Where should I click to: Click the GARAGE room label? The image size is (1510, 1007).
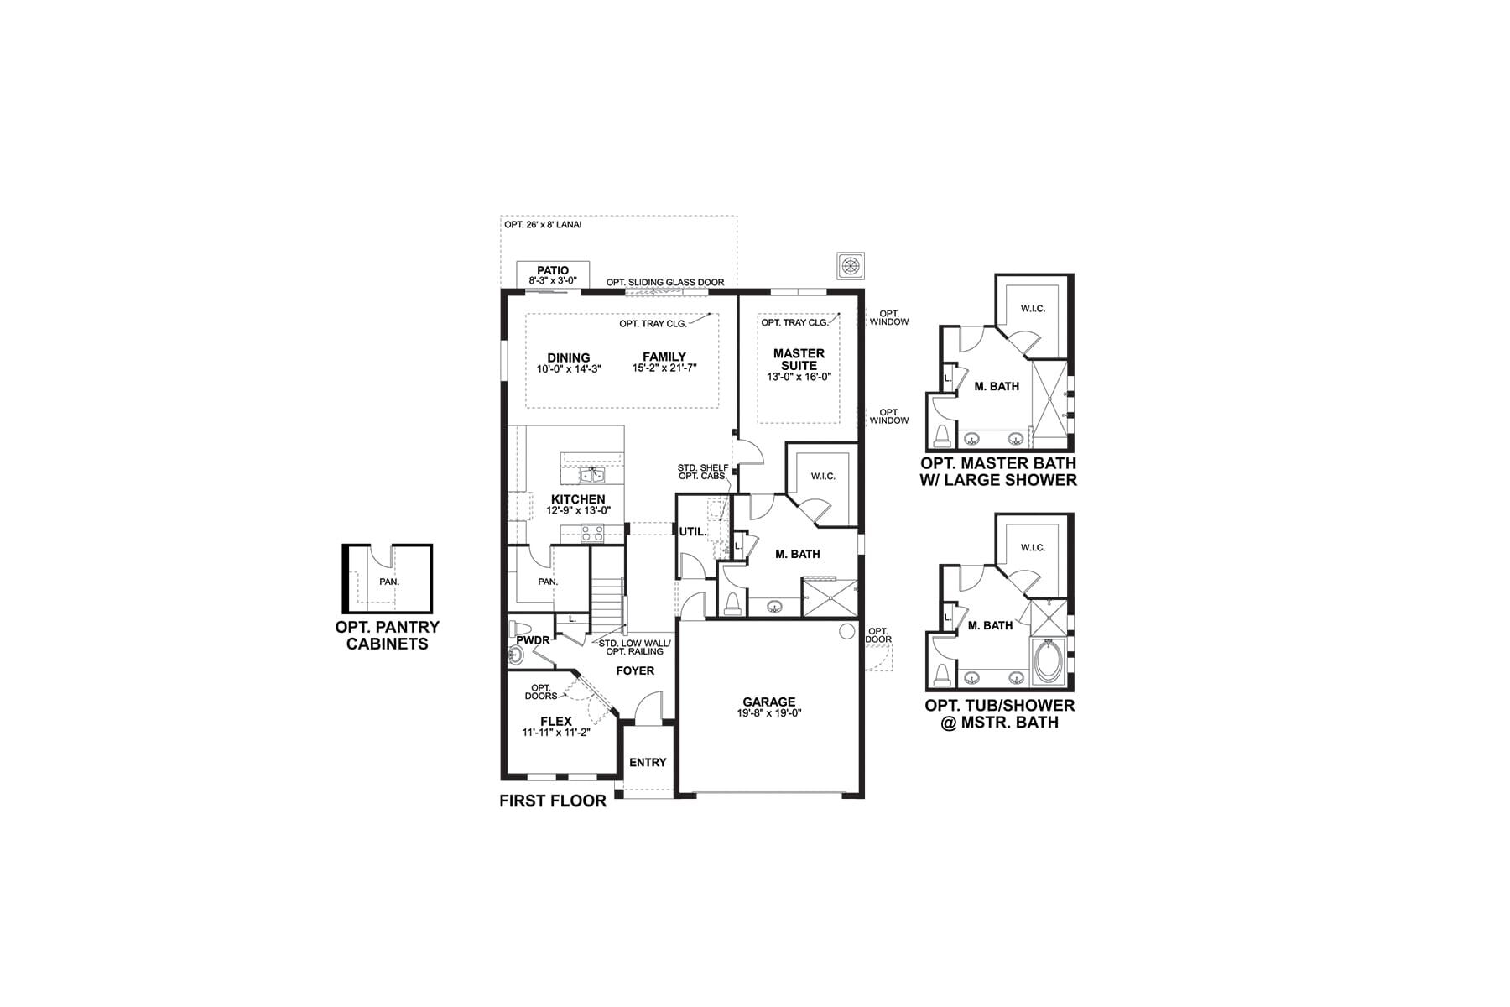[x=768, y=702]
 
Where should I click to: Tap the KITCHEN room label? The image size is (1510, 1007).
[x=578, y=499]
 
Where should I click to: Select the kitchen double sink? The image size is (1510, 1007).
[x=592, y=475]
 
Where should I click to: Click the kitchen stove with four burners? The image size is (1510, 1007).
[x=592, y=531]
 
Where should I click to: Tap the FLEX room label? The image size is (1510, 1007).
[x=556, y=721]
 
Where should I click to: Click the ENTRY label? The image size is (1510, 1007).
[x=648, y=762]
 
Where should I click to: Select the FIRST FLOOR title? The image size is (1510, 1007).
[x=553, y=801]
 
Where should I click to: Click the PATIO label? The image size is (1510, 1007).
[x=553, y=270]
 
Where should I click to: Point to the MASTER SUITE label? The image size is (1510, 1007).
[x=799, y=359]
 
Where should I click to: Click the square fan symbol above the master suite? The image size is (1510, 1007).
[x=851, y=265]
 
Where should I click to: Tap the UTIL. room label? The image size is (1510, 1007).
[x=693, y=531]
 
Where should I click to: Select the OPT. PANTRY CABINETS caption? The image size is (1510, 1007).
[x=388, y=635]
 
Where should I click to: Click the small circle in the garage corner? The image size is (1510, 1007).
[x=847, y=631]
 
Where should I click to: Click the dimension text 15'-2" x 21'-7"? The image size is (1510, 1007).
[x=665, y=368]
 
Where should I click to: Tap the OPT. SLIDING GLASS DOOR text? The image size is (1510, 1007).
[x=665, y=282]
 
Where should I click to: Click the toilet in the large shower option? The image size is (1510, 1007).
[x=943, y=435]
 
